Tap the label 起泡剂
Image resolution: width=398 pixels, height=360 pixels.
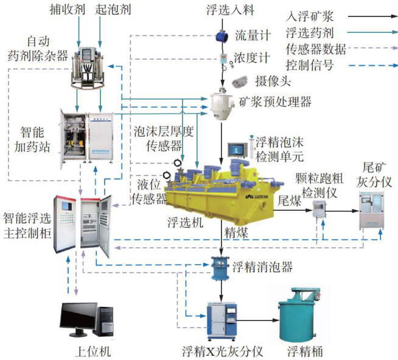112,10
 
